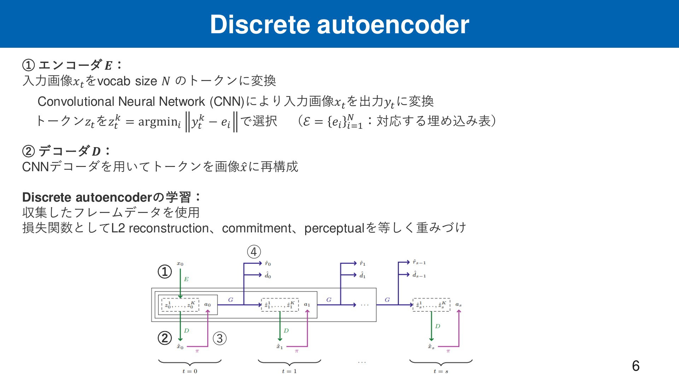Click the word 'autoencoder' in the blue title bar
(393, 25)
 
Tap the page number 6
(636, 366)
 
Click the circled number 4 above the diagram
(254, 252)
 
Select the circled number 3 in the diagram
(220, 338)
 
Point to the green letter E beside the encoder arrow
(186, 279)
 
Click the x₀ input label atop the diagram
(180, 264)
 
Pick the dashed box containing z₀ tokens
(180, 305)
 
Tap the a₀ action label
(208, 305)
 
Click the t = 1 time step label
(289, 371)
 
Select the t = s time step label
(441, 371)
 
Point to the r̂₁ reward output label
(362, 264)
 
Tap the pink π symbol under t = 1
(296, 351)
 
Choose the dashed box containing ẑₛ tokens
(431, 305)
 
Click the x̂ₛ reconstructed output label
(431, 347)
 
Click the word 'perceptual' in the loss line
(334, 228)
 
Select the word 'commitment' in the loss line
(257, 228)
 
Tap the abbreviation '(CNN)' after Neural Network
(227, 102)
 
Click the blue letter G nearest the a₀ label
(231, 300)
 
